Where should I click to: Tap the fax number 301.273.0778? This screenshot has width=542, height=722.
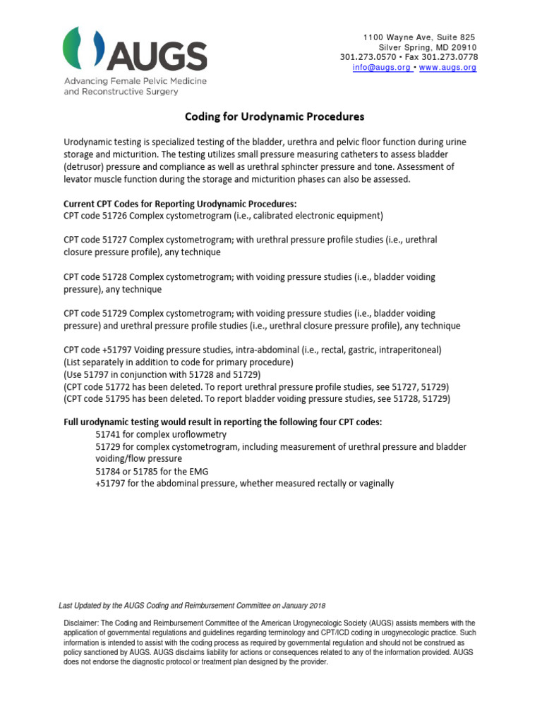(450, 57)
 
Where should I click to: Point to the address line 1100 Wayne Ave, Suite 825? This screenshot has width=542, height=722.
(419, 37)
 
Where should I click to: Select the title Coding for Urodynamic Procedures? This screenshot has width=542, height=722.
(275, 116)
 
